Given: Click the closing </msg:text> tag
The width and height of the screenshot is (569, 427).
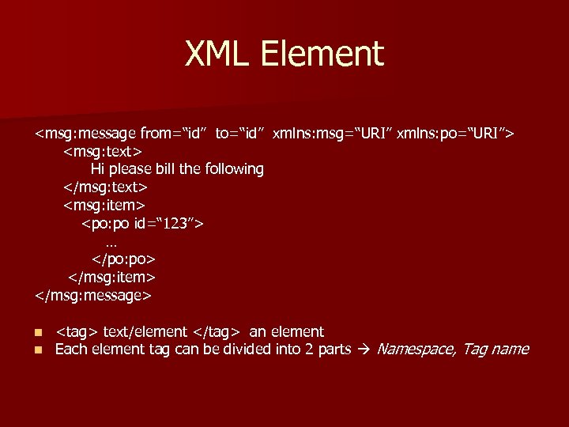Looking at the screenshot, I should tap(106, 187).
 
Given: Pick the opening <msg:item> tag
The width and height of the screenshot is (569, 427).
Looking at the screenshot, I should tap(104, 205).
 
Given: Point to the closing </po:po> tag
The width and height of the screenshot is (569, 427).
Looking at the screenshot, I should tap(123, 259).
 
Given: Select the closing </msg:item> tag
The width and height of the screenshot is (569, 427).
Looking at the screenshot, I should tap(111, 278).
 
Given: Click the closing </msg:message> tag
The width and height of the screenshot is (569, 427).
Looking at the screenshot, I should tap(93, 296).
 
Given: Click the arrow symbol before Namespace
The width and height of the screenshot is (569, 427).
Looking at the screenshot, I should tap(364, 350).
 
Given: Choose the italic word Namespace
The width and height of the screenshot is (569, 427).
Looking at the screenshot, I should tap(415, 350).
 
